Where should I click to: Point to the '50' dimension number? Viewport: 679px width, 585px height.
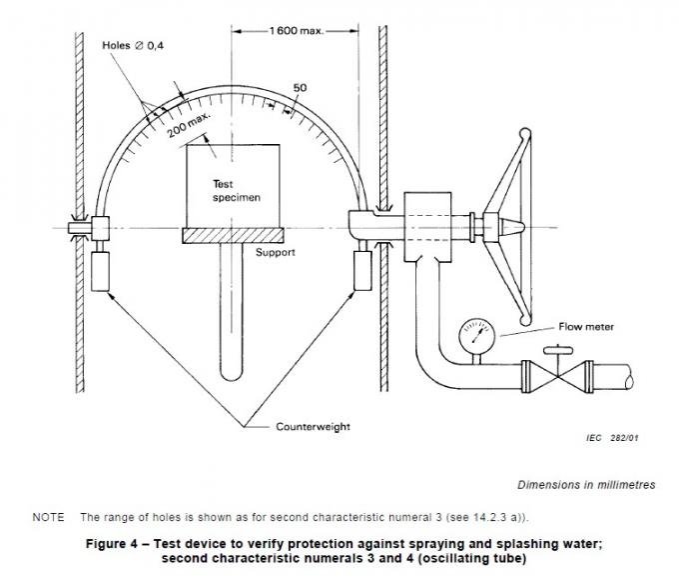299,89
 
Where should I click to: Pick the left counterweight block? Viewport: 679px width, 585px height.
100,270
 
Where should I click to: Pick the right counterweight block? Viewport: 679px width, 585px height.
360,270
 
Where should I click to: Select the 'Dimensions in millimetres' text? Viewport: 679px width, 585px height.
586,484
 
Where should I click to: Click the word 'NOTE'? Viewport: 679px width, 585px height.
48,517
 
